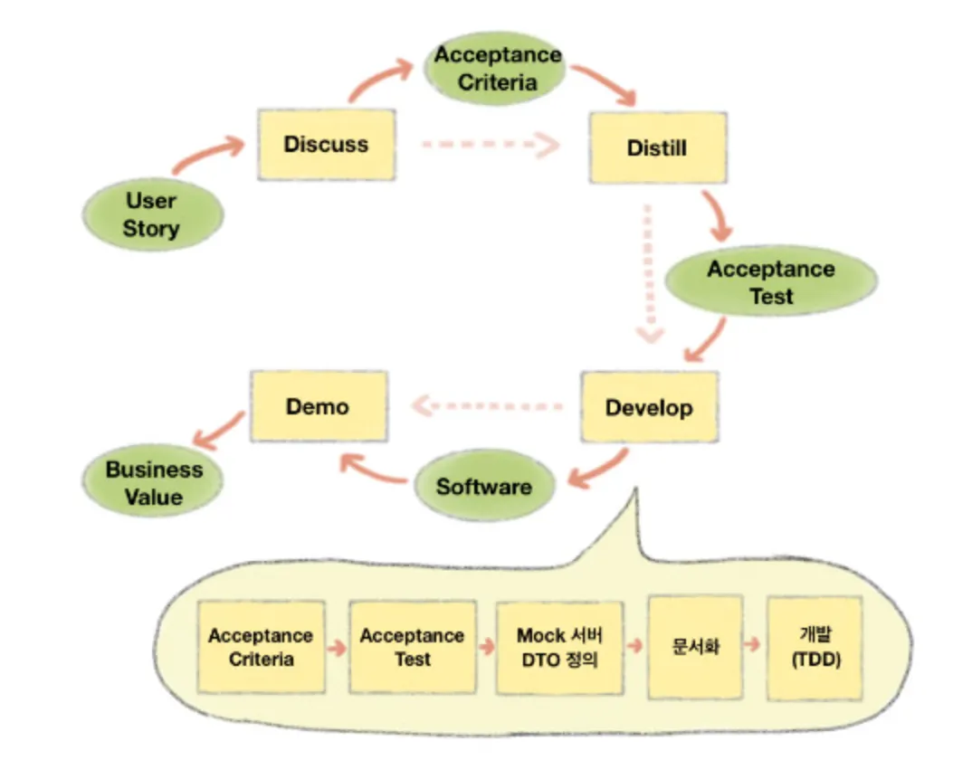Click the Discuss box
click(x=327, y=144)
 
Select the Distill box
click(x=657, y=147)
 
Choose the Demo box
click(x=318, y=406)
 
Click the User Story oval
click(x=151, y=214)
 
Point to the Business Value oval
click(x=153, y=483)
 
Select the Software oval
click(x=484, y=487)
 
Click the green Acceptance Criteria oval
click(x=497, y=69)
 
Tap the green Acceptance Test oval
click(x=770, y=282)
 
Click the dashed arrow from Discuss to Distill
click(x=490, y=143)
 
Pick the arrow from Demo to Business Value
click(x=218, y=432)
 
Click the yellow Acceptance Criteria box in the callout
click(x=261, y=648)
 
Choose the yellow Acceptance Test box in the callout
click(x=412, y=648)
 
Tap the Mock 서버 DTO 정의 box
click(x=559, y=648)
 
